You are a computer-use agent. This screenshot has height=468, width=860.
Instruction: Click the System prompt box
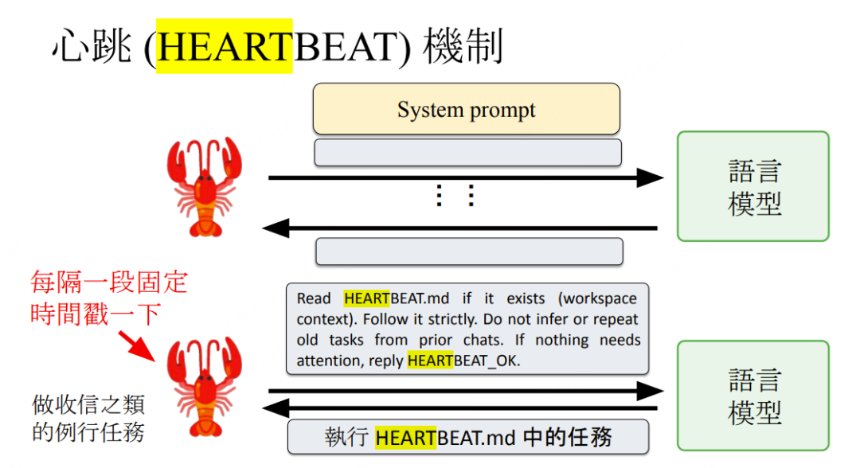pos(467,109)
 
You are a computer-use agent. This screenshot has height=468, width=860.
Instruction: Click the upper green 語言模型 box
pos(753,186)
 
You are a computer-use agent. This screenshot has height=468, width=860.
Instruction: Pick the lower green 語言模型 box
pos(753,396)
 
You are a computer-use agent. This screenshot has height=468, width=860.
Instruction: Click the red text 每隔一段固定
pos(109,283)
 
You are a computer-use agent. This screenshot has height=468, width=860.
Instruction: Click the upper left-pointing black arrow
pos(462,229)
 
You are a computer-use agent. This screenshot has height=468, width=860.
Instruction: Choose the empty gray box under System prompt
pos(467,152)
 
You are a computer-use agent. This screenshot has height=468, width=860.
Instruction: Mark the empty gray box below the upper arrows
pos(469,252)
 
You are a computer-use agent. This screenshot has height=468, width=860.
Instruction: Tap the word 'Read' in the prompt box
pos(315,298)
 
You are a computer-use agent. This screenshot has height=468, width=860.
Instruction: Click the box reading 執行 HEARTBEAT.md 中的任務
pos(468,437)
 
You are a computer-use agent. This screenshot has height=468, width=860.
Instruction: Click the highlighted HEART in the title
pos(225,48)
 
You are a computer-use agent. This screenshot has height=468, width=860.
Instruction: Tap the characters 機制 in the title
pos(464,48)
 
